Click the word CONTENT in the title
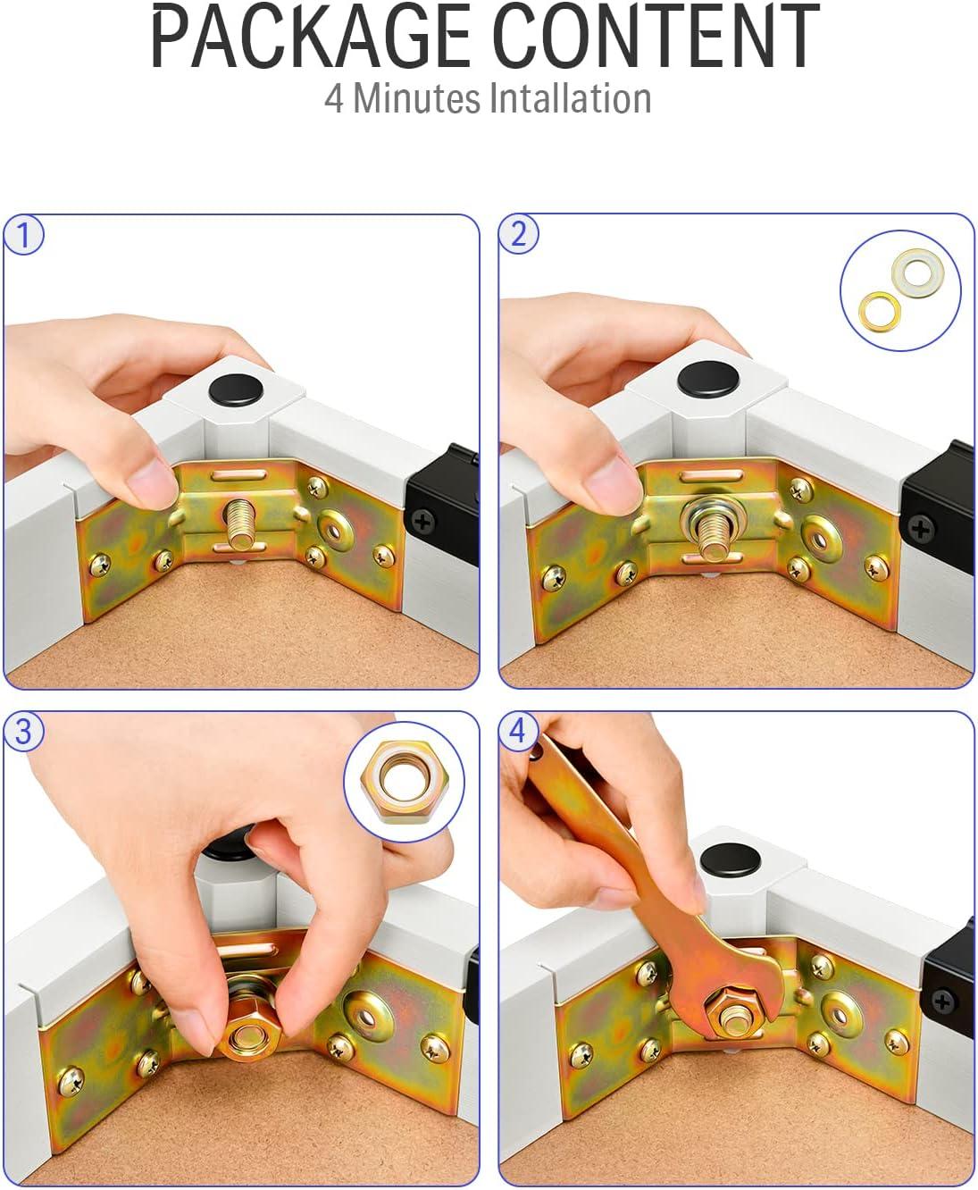coord(656,36)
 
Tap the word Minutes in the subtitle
coord(416,98)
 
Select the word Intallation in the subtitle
coord(570,98)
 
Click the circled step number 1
coord(24,235)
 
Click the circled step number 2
coord(518,233)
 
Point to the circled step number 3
coord(24,732)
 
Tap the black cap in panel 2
coord(708,379)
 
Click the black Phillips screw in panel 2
coord(921,529)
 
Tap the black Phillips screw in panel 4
coord(943,1002)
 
